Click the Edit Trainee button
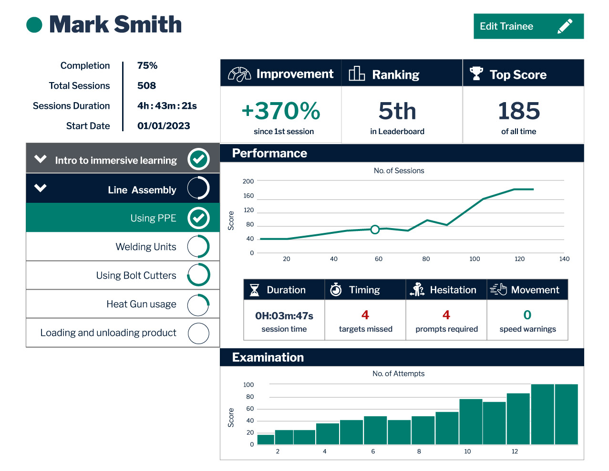coord(528,26)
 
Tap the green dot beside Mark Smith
coord(34,25)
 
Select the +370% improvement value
coord(281,111)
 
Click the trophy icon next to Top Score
coord(476,73)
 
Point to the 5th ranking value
coord(397,111)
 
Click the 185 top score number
coord(519,111)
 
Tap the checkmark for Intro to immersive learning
coord(198,159)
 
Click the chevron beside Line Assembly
coord(41,188)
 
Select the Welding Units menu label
coord(146,247)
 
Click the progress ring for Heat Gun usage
coord(198,305)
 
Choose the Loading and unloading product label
coord(108,333)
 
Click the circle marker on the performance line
coord(375,230)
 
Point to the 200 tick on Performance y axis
coord(248,181)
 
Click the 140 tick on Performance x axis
coord(564,259)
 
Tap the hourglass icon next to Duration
coord(255,290)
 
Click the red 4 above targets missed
coord(365,315)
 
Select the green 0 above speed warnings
coord(527,315)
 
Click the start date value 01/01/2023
coord(164,126)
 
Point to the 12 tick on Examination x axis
coord(515,451)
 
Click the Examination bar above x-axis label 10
coord(471,422)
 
